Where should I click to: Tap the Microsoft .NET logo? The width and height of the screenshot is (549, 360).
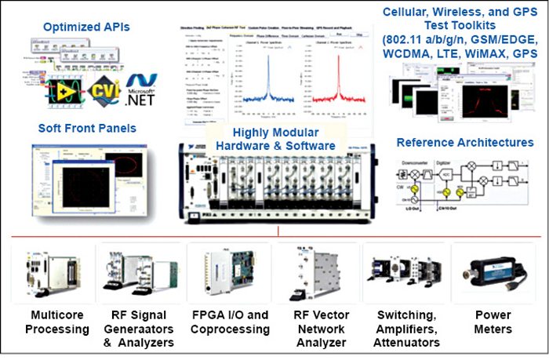click(x=141, y=94)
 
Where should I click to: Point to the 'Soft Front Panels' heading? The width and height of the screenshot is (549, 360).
click(x=86, y=128)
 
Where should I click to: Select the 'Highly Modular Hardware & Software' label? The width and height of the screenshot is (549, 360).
click(x=272, y=139)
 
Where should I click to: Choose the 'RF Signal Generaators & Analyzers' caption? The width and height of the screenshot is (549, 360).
click(x=140, y=329)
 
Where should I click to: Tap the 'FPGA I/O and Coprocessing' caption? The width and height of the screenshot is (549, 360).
click(x=231, y=322)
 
